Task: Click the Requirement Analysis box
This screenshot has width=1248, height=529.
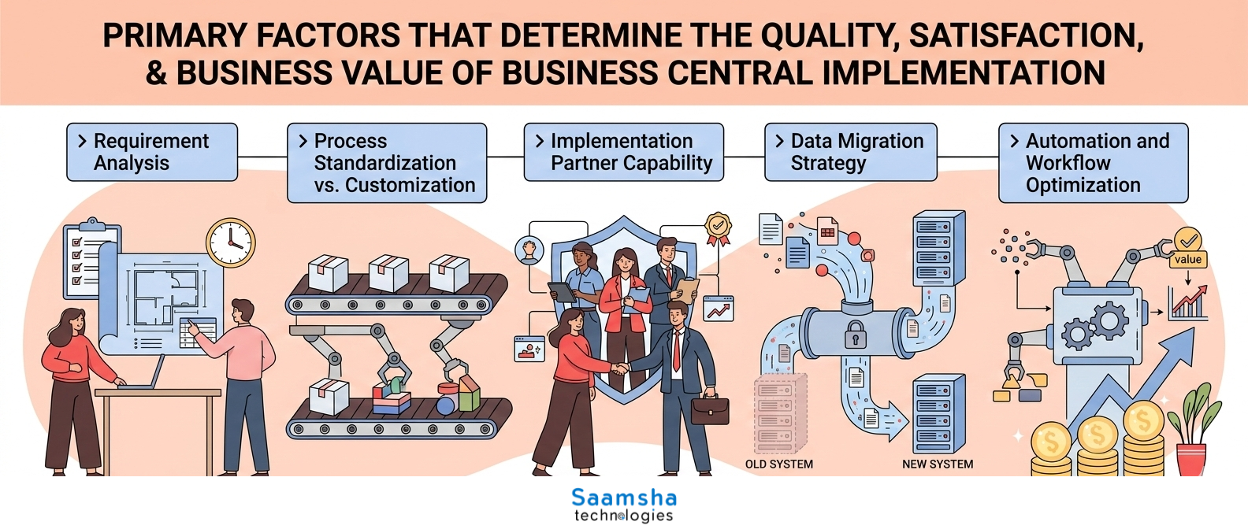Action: tap(152, 152)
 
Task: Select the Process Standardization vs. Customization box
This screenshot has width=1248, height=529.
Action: tap(387, 163)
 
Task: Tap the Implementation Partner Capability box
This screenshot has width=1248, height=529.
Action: tap(624, 152)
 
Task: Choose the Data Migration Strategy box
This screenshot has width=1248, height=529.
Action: tap(851, 152)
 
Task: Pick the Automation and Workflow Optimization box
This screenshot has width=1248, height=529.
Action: tap(1093, 163)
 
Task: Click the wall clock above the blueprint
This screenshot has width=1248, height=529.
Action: tap(231, 242)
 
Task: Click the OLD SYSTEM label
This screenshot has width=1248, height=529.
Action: tap(779, 464)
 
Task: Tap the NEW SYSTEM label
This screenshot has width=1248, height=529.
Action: tap(938, 464)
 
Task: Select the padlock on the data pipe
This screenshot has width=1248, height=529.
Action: tap(855, 335)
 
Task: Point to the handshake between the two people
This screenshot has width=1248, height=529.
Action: tap(619, 368)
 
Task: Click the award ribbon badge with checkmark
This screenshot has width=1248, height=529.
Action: tap(719, 229)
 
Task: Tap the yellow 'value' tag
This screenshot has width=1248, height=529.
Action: tap(1188, 260)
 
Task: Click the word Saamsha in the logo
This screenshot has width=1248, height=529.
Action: tap(624, 498)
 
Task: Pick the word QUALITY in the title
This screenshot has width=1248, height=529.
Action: tap(831, 35)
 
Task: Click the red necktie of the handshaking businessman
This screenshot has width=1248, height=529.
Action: tap(676, 350)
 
